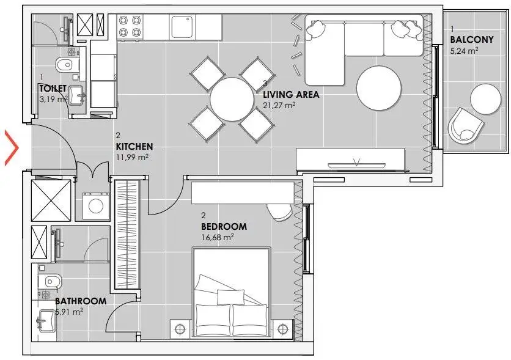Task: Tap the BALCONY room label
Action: pos(471,40)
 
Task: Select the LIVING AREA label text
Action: pos(291,95)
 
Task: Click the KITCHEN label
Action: pos(134,147)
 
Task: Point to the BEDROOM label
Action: pos(224,226)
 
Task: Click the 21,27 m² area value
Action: pos(279,105)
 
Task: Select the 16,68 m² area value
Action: pos(218,237)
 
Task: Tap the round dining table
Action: pos(232,99)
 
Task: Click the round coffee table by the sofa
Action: pos(379,88)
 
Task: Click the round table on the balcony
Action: pos(485,99)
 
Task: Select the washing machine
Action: pos(96,206)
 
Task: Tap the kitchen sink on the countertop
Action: pos(182,28)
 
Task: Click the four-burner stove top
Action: pos(130,26)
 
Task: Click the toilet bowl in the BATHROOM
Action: pos(49,281)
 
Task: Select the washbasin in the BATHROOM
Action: pos(45,321)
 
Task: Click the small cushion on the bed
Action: pos(230,297)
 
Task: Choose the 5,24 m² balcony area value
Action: pos(465,51)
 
